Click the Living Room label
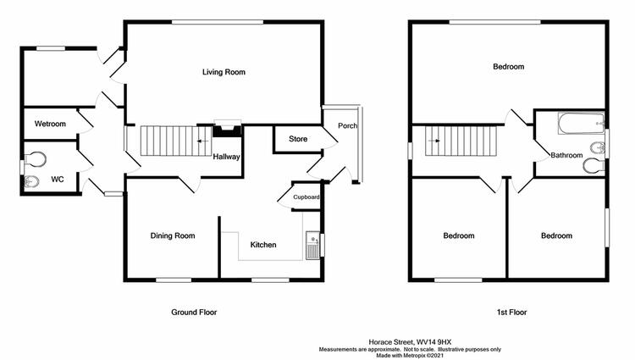click(x=224, y=72)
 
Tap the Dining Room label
click(x=173, y=235)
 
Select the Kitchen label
click(x=263, y=245)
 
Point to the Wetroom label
click(x=50, y=124)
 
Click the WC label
click(x=57, y=179)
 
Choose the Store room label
click(x=298, y=139)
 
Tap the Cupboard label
click(x=306, y=197)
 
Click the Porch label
click(x=347, y=125)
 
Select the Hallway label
click(x=226, y=157)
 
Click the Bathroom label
click(x=566, y=155)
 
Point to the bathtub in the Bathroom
click(x=581, y=123)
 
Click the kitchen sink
click(x=313, y=246)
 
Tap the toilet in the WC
click(x=35, y=158)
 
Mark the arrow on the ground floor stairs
click(x=203, y=141)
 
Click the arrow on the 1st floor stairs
click(x=433, y=141)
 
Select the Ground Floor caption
click(x=194, y=313)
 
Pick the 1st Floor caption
click(x=512, y=313)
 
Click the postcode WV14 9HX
click(x=434, y=342)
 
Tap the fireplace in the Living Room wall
click(x=228, y=129)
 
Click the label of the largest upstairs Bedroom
click(x=508, y=66)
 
